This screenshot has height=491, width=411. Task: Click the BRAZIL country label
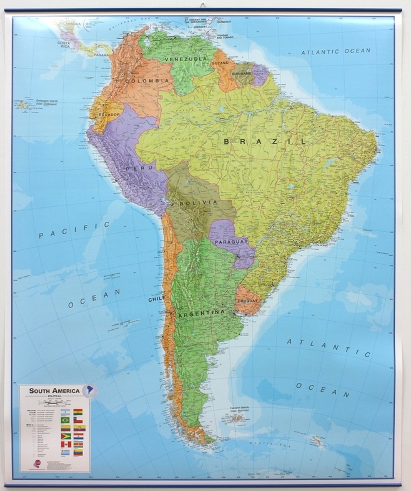pyautogui.click(x=265, y=142)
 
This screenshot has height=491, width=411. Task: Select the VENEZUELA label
pyautogui.click(x=186, y=59)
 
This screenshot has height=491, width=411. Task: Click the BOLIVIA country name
pyautogui.click(x=198, y=202)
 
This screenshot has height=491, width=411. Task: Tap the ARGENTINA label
pyautogui.click(x=201, y=312)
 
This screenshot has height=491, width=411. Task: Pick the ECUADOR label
pyautogui.click(x=109, y=115)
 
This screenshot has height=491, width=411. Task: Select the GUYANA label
pyautogui.click(x=220, y=63)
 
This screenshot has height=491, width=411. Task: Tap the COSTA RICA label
pyautogui.click(x=67, y=45)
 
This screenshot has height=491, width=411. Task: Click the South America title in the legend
pyautogui.click(x=50, y=390)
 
